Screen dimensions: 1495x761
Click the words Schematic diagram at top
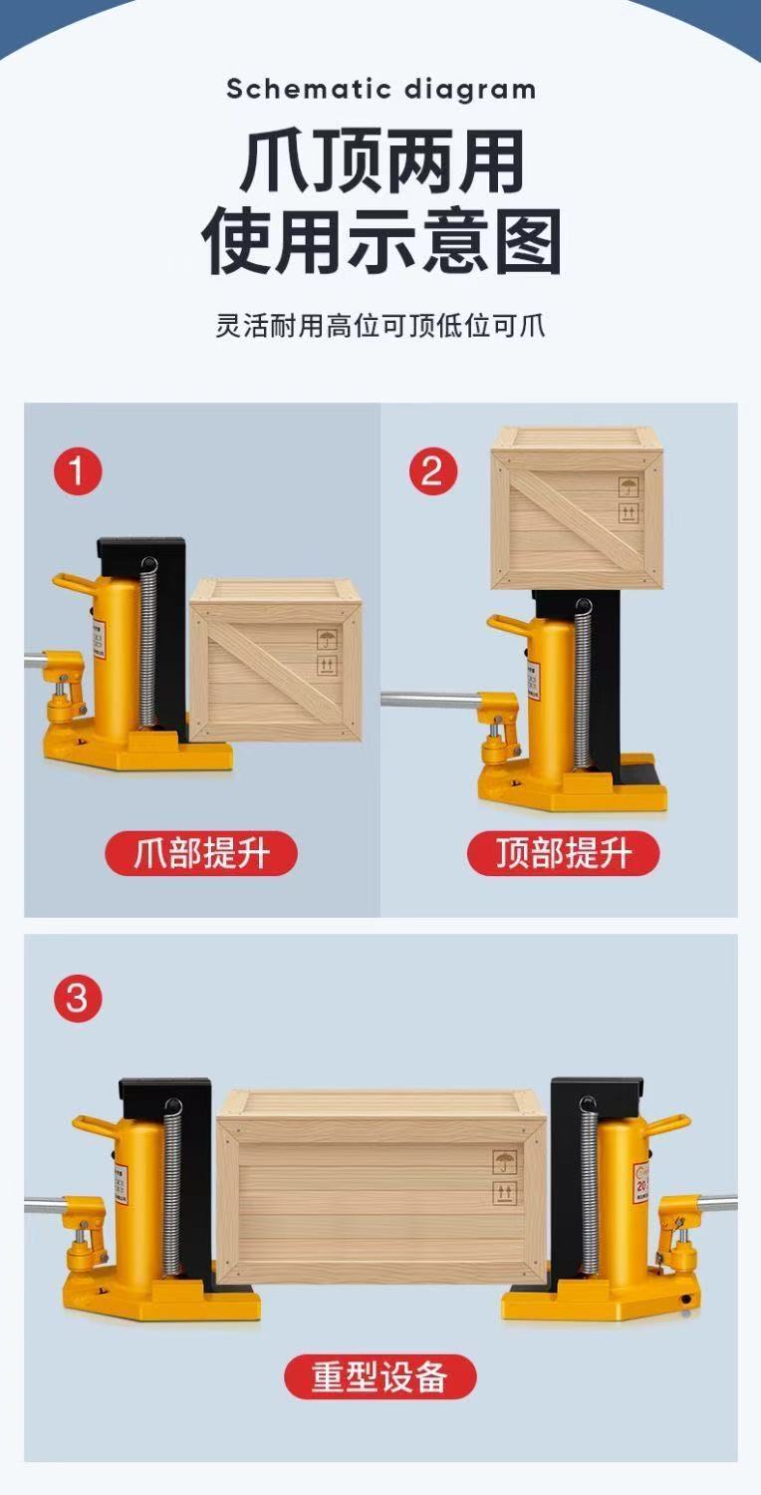point(380,89)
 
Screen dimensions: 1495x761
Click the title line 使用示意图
point(380,242)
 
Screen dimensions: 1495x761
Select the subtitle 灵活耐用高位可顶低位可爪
point(380,326)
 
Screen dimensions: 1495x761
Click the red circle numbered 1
point(78,470)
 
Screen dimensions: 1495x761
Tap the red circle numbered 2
point(432,470)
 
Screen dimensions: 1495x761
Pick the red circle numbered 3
point(78,998)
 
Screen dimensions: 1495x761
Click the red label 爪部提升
point(201,854)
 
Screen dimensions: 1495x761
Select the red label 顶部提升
point(564,854)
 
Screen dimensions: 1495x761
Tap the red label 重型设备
point(380,1377)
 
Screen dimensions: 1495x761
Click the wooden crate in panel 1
point(276,660)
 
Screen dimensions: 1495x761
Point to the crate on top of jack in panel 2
point(577,508)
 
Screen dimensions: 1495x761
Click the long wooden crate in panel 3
point(381,1186)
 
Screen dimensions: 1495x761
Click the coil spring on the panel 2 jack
point(583,688)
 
